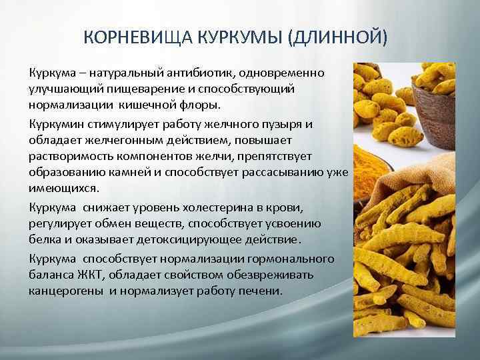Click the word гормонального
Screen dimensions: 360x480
coord(291,259)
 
